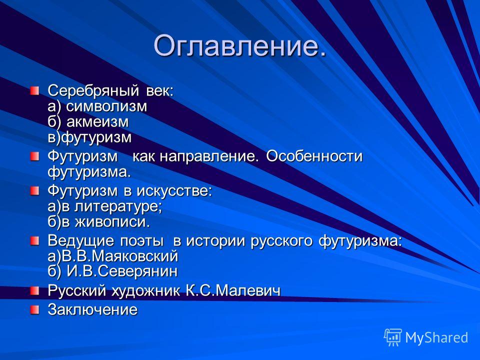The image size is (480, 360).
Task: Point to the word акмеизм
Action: [97, 121]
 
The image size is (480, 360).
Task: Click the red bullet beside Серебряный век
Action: [34, 91]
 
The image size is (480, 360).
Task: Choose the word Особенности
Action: [314, 156]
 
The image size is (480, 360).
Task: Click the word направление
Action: [207, 156]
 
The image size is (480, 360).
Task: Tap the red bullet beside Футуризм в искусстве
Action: [34, 191]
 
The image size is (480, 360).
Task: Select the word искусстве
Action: [174, 190]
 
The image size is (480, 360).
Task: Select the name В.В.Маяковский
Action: [119, 256]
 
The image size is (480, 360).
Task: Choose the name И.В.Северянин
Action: [122, 271]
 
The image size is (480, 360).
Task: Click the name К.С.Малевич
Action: [233, 290]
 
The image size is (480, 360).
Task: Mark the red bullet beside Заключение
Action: [34, 309]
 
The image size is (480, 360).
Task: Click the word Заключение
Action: [93, 309]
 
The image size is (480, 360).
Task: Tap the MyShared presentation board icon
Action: [393, 337]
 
